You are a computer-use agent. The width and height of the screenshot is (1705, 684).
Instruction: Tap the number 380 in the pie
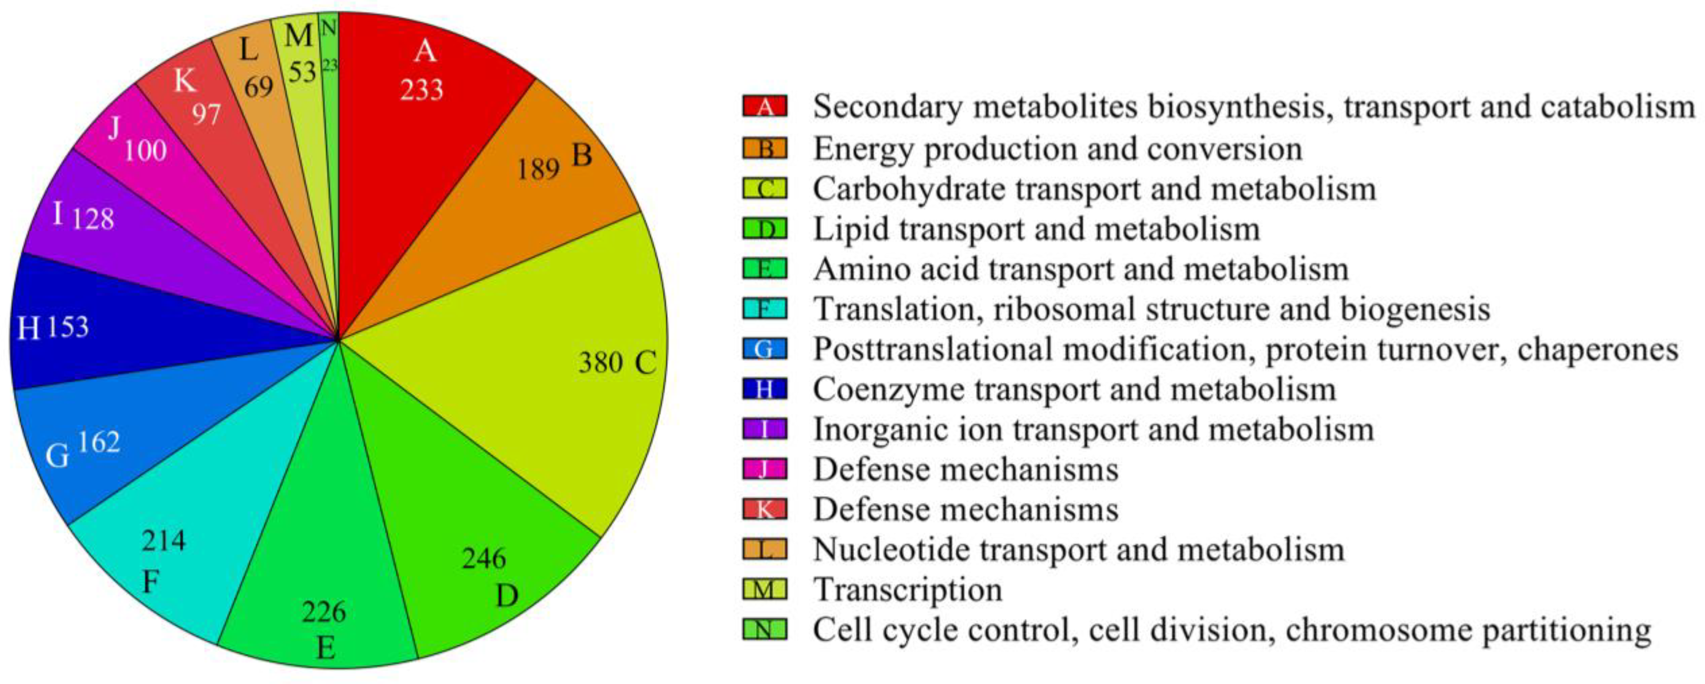[600, 363]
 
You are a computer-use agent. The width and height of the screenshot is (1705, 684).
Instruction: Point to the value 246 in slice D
[484, 559]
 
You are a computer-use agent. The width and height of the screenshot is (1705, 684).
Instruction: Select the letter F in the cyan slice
[151, 583]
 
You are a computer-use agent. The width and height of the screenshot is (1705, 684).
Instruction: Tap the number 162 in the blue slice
[99, 441]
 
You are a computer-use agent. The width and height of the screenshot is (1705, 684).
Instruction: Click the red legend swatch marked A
[765, 107]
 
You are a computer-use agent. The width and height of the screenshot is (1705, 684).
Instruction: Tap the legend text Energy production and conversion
[1057, 148]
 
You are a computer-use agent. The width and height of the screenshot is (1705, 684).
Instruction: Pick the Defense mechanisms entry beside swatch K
[966, 509]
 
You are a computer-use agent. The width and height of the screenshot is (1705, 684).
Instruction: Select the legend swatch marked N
[765, 629]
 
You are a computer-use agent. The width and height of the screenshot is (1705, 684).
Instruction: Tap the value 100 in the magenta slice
[146, 151]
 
